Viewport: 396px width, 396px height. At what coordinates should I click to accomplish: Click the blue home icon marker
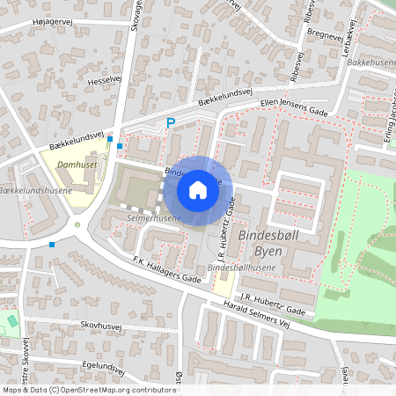[198, 189]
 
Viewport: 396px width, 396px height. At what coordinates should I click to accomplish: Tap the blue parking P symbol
[172, 123]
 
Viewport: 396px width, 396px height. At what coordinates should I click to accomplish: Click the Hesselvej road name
[102, 80]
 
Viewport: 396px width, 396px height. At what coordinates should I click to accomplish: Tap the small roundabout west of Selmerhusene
[77, 224]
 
